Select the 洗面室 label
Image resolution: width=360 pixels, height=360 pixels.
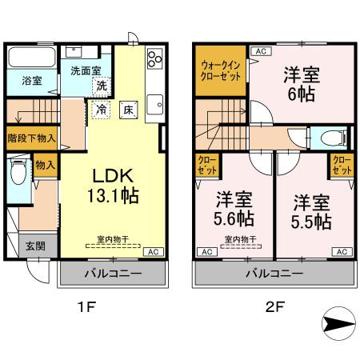pyautogui.click(x=85, y=70)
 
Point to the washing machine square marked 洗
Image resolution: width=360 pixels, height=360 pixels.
pyautogui.click(x=102, y=85)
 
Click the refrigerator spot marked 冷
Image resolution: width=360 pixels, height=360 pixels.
pyautogui.click(x=103, y=108)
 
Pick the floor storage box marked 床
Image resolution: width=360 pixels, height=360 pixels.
pyautogui.click(x=127, y=110)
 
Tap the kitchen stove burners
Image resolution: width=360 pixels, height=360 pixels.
pyautogui.click(x=154, y=58)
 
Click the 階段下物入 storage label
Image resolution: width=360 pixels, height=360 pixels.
pyautogui.click(x=31, y=137)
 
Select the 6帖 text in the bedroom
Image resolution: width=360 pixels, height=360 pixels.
pyautogui.click(x=302, y=94)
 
